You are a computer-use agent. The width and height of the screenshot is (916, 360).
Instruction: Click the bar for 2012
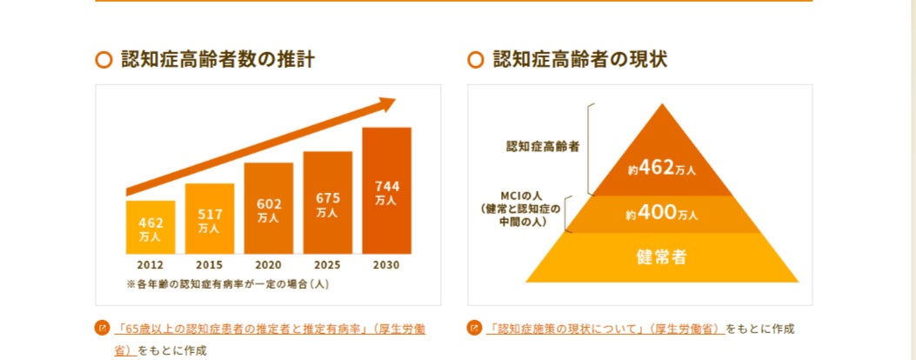coord(150,228)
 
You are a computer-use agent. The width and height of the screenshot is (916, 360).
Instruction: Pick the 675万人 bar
coord(328,203)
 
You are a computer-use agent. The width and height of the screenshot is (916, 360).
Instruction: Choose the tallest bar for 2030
coord(386,191)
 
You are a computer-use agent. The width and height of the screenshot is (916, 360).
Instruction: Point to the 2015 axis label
coord(210,264)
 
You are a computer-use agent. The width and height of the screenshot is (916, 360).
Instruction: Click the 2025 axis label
coord(328,264)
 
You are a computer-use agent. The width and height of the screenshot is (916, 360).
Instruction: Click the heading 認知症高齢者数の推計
coord(217,60)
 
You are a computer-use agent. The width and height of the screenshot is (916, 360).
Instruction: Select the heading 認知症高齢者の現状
coord(580,60)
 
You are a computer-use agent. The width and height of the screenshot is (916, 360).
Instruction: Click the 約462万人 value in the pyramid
coord(662,169)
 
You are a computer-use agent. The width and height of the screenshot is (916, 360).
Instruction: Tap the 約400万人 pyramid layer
coord(662,213)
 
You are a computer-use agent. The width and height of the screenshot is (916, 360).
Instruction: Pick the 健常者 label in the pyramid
coord(662,257)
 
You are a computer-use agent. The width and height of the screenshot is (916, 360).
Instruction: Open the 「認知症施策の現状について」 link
coord(605,329)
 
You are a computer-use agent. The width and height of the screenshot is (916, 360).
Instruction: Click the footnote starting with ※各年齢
coord(227,283)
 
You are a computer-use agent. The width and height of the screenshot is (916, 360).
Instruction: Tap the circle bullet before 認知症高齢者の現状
coord(476,60)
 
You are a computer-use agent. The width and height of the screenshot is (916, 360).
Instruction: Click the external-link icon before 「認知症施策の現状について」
coord(474,329)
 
